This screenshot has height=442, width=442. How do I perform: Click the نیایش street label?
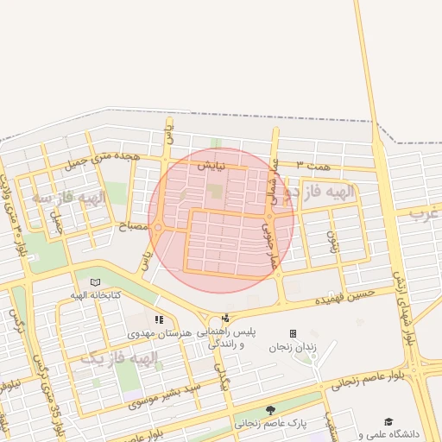click(x=211, y=164)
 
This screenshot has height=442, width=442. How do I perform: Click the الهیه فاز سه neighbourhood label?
click(x=69, y=198)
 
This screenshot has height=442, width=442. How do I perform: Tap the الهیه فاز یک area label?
click(x=122, y=357)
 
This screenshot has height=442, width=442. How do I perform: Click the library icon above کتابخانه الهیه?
click(x=95, y=282)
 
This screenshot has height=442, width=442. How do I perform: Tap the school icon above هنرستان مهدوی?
click(x=157, y=320)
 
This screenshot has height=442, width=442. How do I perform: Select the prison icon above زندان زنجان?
click(x=293, y=333)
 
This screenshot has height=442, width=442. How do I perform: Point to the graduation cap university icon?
click(x=388, y=421)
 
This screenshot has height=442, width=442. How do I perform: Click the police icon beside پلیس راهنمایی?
click(x=225, y=318)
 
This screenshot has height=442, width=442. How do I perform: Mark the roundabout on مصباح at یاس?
click(x=158, y=228)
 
